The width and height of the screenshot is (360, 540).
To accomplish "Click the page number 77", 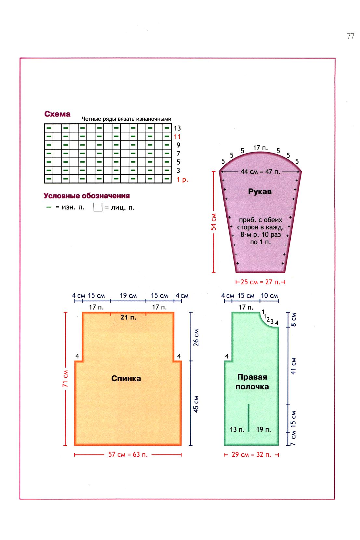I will [351, 36].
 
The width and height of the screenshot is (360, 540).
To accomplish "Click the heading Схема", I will [57, 114].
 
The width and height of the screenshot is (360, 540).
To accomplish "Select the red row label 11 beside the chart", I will [177, 137].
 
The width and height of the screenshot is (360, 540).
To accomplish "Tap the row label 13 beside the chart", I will [177, 128].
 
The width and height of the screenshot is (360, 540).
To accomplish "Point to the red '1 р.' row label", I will [182, 179].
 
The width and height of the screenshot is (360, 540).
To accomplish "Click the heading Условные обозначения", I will [87, 196].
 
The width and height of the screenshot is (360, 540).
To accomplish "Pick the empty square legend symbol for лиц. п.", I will [98, 207].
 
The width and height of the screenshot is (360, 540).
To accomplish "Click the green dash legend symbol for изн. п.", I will [49, 207].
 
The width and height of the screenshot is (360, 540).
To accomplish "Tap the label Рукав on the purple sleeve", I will [260, 192].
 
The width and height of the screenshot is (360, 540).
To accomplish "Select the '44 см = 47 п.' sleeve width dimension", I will [260, 171].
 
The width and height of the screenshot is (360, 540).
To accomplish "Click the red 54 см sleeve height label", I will [214, 222].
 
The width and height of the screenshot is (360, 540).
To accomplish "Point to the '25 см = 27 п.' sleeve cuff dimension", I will [260, 282].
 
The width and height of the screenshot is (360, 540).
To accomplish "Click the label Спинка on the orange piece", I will [126, 378].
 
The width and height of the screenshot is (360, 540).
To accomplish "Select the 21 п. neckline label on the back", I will [128, 317].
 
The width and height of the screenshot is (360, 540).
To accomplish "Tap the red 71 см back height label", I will [65, 379].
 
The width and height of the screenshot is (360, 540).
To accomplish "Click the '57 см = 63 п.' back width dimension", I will [128, 454].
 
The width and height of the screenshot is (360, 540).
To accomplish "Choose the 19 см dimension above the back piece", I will [128, 296].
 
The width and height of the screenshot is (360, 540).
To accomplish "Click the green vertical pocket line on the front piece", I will [248, 418].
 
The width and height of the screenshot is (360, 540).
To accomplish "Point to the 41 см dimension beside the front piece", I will [293, 366].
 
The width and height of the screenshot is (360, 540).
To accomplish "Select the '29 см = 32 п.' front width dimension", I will [251, 454].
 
